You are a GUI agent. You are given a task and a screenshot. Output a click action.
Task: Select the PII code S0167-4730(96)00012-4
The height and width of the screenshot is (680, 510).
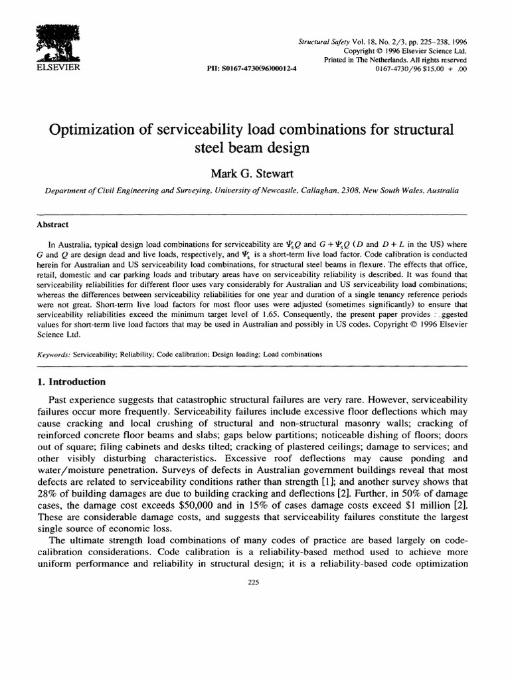pos(253,68)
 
